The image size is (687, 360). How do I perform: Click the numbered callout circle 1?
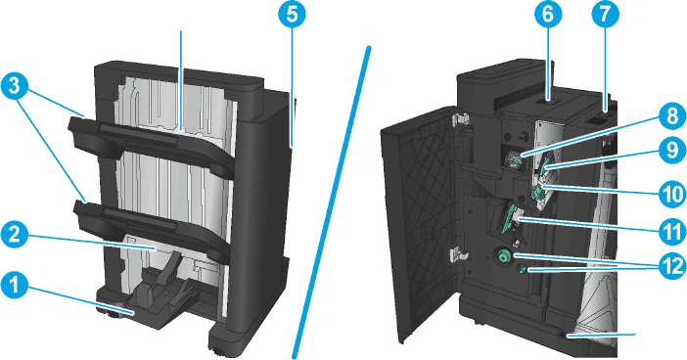click(x=15, y=287)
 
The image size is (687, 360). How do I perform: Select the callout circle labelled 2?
click(x=15, y=235)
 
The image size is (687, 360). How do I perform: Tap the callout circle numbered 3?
click(x=15, y=86)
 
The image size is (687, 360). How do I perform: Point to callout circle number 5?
click(x=293, y=15)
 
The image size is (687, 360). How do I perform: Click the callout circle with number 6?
click(x=548, y=15)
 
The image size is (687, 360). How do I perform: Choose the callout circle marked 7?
click(x=605, y=15)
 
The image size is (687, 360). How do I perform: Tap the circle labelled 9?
click(x=672, y=151)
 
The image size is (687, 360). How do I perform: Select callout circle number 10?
click(x=672, y=193)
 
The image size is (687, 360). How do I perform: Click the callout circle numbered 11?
click(x=672, y=231)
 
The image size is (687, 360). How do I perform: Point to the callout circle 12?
click(x=672, y=265)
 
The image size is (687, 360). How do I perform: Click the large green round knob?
click(x=503, y=255)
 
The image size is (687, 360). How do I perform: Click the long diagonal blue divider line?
click(x=332, y=202)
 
